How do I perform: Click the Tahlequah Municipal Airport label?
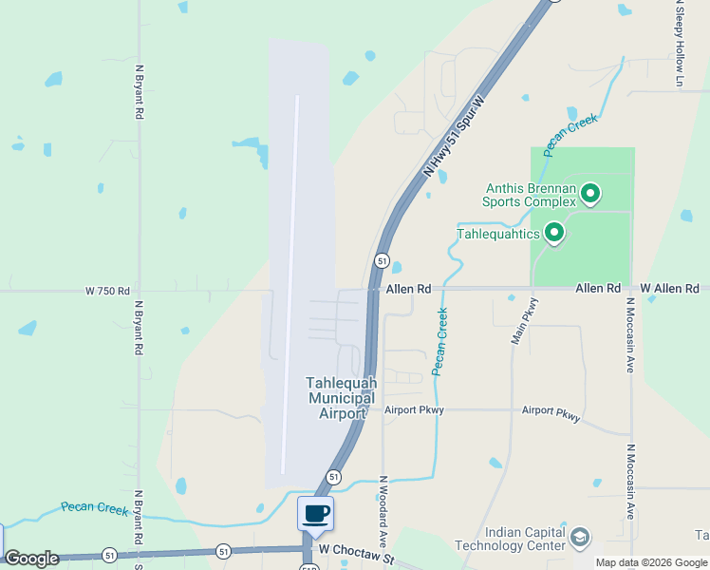point(340,398)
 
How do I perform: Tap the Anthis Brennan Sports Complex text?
point(529,195)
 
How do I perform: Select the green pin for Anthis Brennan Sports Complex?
point(590,195)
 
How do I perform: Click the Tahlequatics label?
point(498,233)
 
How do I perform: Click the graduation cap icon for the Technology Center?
point(579,539)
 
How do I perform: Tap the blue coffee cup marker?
point(316,514)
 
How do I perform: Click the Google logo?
point(31,559)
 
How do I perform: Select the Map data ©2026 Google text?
point(651,562)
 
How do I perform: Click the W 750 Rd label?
point(106,290)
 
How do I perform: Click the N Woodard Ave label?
point(383,510)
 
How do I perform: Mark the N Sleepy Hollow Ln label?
point(680,43)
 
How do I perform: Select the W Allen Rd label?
point(669,288)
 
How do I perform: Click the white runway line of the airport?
point(290,285)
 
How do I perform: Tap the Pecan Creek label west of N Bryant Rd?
point(94,509)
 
